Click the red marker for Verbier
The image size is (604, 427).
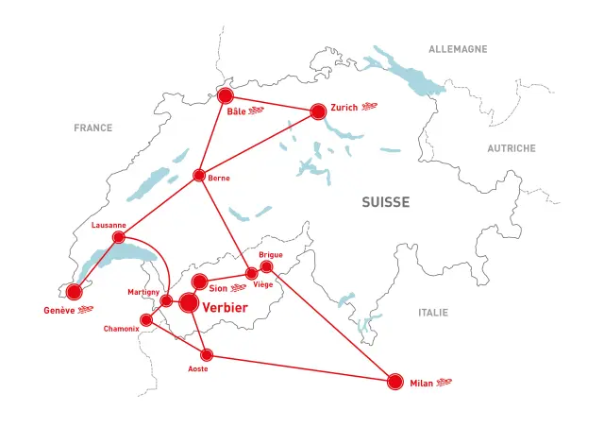(189, 303)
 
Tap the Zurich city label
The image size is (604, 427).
(344, 108)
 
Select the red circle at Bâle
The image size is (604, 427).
(226, 96)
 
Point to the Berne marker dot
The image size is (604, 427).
(199, 175)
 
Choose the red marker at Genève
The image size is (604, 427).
(74, 292)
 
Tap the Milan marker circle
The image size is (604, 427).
(395, 382)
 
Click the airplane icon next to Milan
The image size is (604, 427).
(445, 383)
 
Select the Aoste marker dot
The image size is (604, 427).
(208, 355)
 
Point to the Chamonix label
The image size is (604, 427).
(123, 330)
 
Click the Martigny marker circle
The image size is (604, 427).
(166, 301)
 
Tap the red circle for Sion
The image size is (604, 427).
(200, 282)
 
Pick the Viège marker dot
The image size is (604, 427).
(251, 274)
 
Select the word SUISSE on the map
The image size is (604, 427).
(385, 202)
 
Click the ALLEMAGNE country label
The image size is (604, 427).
(458, 49)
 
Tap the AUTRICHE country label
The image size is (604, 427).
(511, 148)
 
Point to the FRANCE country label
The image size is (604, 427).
(93, 128)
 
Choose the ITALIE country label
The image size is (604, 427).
(433, 313)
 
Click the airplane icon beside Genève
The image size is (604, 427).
(87, 310)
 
